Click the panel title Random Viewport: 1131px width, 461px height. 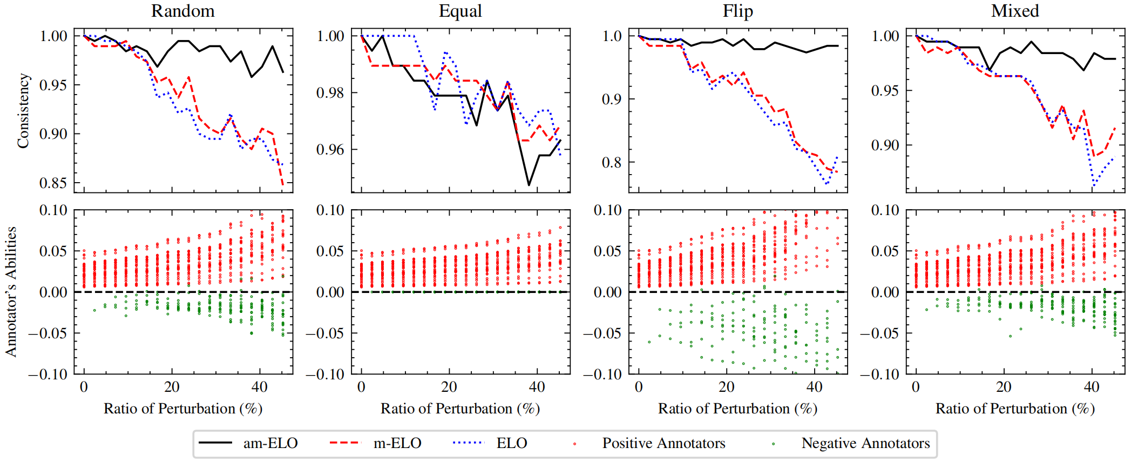pos(182,11)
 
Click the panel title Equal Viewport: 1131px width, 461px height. pos(460,11)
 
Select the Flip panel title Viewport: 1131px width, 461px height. pos(737,11)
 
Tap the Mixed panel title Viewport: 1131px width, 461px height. pos(1015,11)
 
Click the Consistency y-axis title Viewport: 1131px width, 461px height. pos(23,111)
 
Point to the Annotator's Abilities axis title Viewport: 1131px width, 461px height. pos(11,292)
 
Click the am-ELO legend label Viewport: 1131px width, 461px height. pos(270,443)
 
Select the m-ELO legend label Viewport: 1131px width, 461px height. pos(397,443)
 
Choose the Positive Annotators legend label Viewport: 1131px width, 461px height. pos(663,443)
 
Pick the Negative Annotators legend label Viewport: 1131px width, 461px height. pos(865,443)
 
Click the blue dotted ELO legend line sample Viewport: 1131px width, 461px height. pos(468,443)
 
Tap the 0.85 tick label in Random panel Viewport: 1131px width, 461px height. pos(53,183)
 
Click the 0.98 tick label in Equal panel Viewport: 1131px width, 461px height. pos(330,93)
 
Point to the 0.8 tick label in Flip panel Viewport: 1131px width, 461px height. pos(612,163)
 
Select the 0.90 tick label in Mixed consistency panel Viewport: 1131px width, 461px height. pos(885,145)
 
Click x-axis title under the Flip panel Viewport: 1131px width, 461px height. pos(737,409)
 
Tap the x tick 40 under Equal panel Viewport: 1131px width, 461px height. pos(537,387)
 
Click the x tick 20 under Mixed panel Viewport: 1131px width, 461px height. pos(1003,387)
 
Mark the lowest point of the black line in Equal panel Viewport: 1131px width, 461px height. pos(529,185)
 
